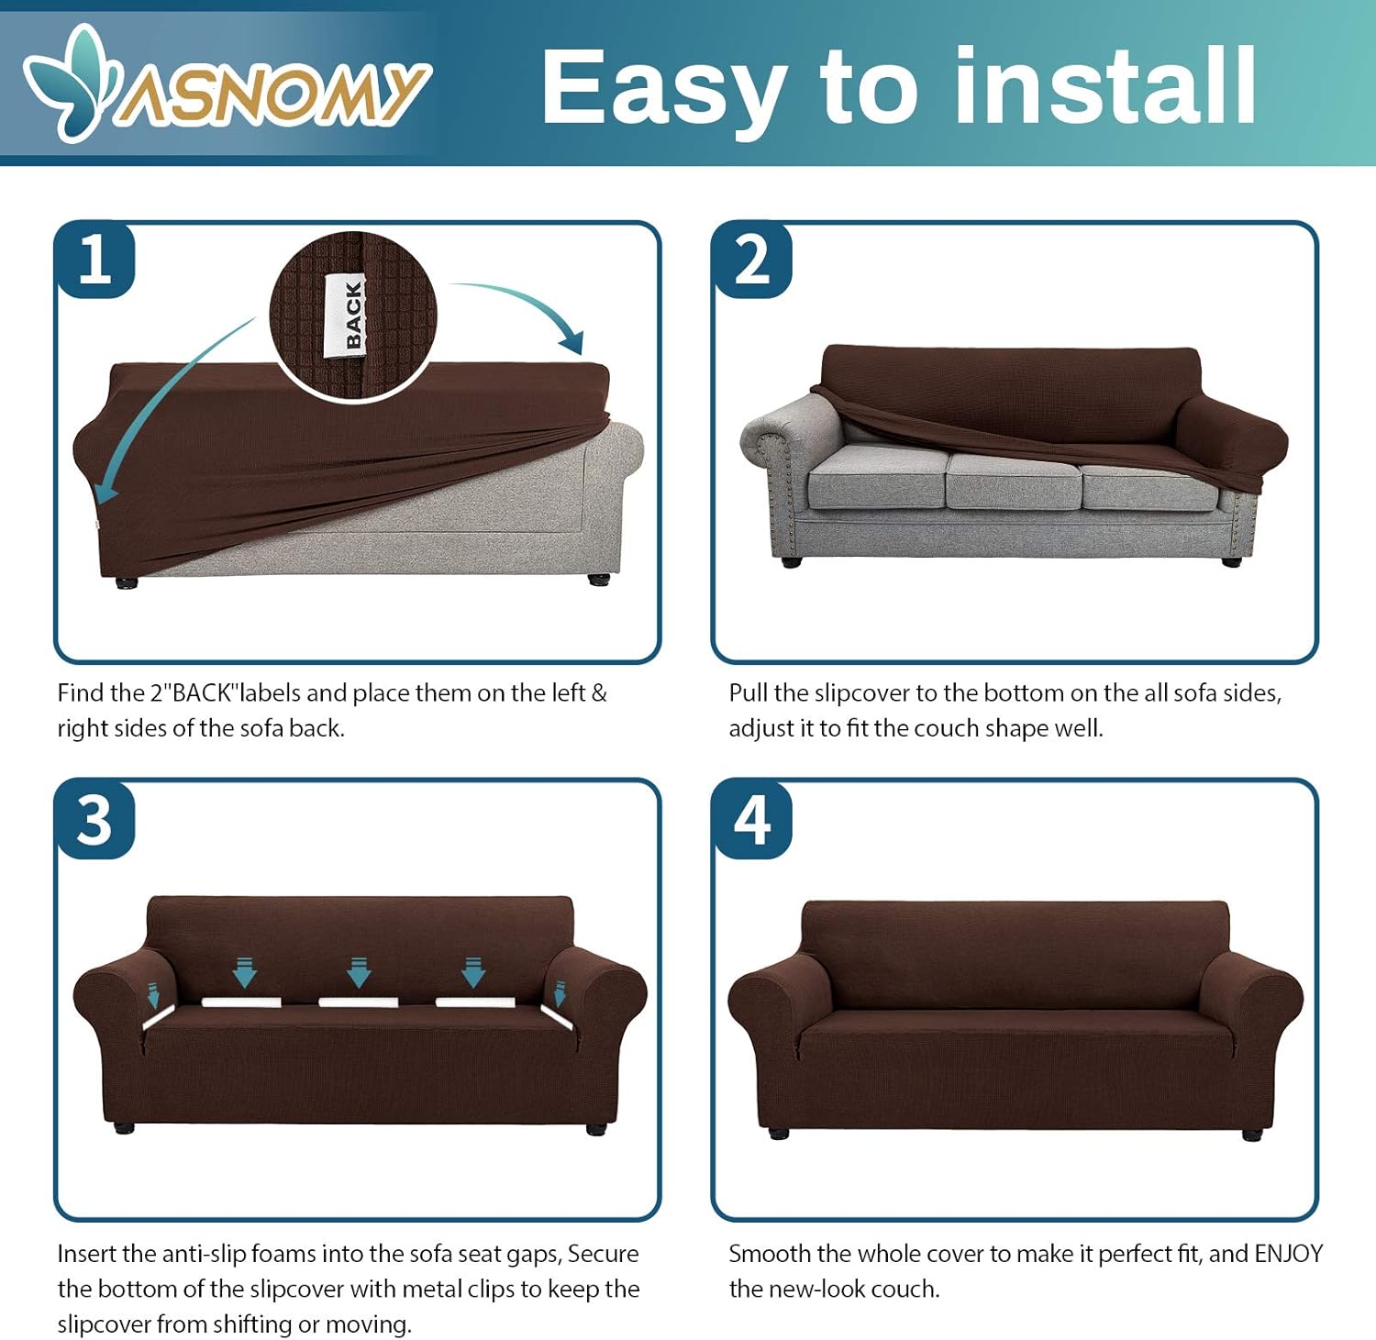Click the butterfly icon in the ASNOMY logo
pyautogui.click(x=72, y=83)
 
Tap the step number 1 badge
pyautogui.click(x=95, y=260)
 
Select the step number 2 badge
pyautogui.click(x=752, y=260)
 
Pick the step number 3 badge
pyautogui.click(x=95, y=820)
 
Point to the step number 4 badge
pyautogui.click(x=752, y=820)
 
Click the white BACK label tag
pyautogui.click(x=346, y=315)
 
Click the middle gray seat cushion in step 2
pyautogui.click(x=1014, y=481)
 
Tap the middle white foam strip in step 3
pyautogui.click(x=358, y=1002)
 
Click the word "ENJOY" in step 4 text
pyautogui.click(x=1288, y=1253)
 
